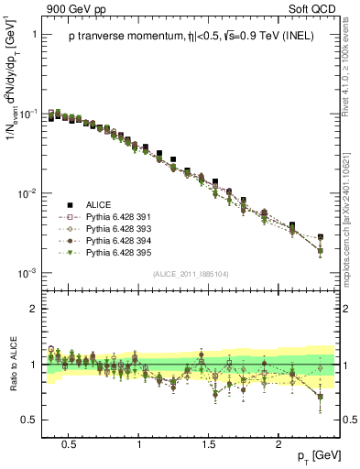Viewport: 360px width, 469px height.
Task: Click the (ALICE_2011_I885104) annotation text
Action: coord(190,274)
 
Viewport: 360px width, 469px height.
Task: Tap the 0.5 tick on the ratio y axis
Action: coord(32,420)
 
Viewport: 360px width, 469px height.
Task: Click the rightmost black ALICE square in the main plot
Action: coord(321,236)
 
